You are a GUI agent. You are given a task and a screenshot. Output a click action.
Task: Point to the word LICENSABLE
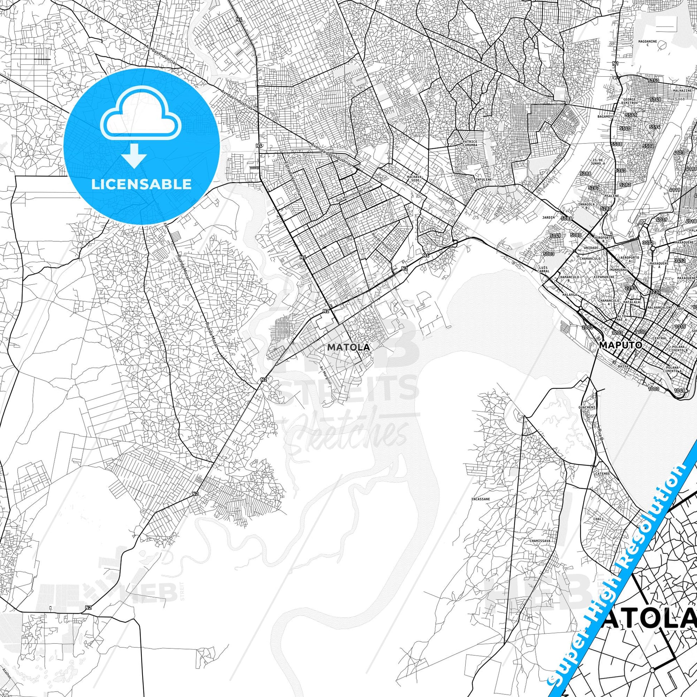(141, 184)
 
